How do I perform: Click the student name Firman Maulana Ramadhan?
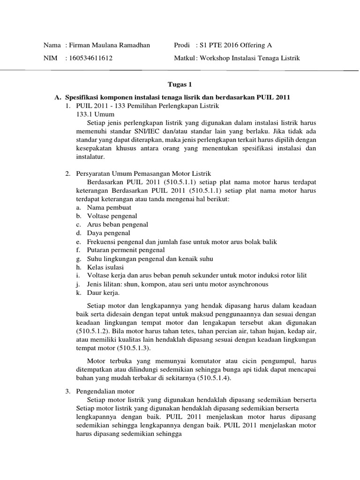pos(109,45)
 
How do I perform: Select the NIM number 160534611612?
pos(90,58)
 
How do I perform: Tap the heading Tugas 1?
pos(180,85)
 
